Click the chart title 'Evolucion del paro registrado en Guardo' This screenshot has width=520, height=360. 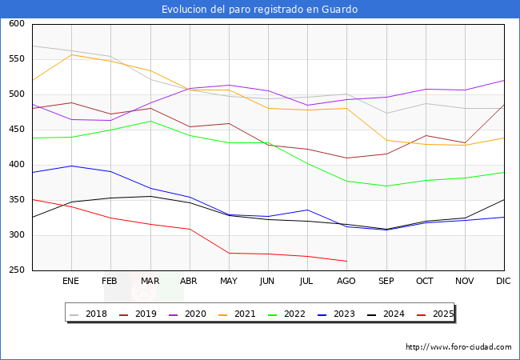click(259, 9)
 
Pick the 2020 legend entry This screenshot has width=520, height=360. click(189, 314)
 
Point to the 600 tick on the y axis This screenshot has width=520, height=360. click(16, 24)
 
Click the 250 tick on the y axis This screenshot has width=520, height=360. click(16, 270)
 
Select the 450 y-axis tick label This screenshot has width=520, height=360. click(16, 130)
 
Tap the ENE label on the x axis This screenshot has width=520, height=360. click(71, 282)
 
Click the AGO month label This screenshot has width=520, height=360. click(346, 282)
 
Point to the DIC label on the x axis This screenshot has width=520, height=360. click(503, 282)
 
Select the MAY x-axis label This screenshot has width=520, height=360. click(228, 282)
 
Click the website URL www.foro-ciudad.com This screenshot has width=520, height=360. click(458, 347)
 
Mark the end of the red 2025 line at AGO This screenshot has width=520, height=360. click(346, 261)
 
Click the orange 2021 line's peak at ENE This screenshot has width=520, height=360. click(71, 54)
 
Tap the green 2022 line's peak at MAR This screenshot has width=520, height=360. click(150, 121)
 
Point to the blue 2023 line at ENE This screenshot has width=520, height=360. click(71, 166)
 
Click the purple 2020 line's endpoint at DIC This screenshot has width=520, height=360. click(503, 80)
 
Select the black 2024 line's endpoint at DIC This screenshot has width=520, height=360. click(503, 200)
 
